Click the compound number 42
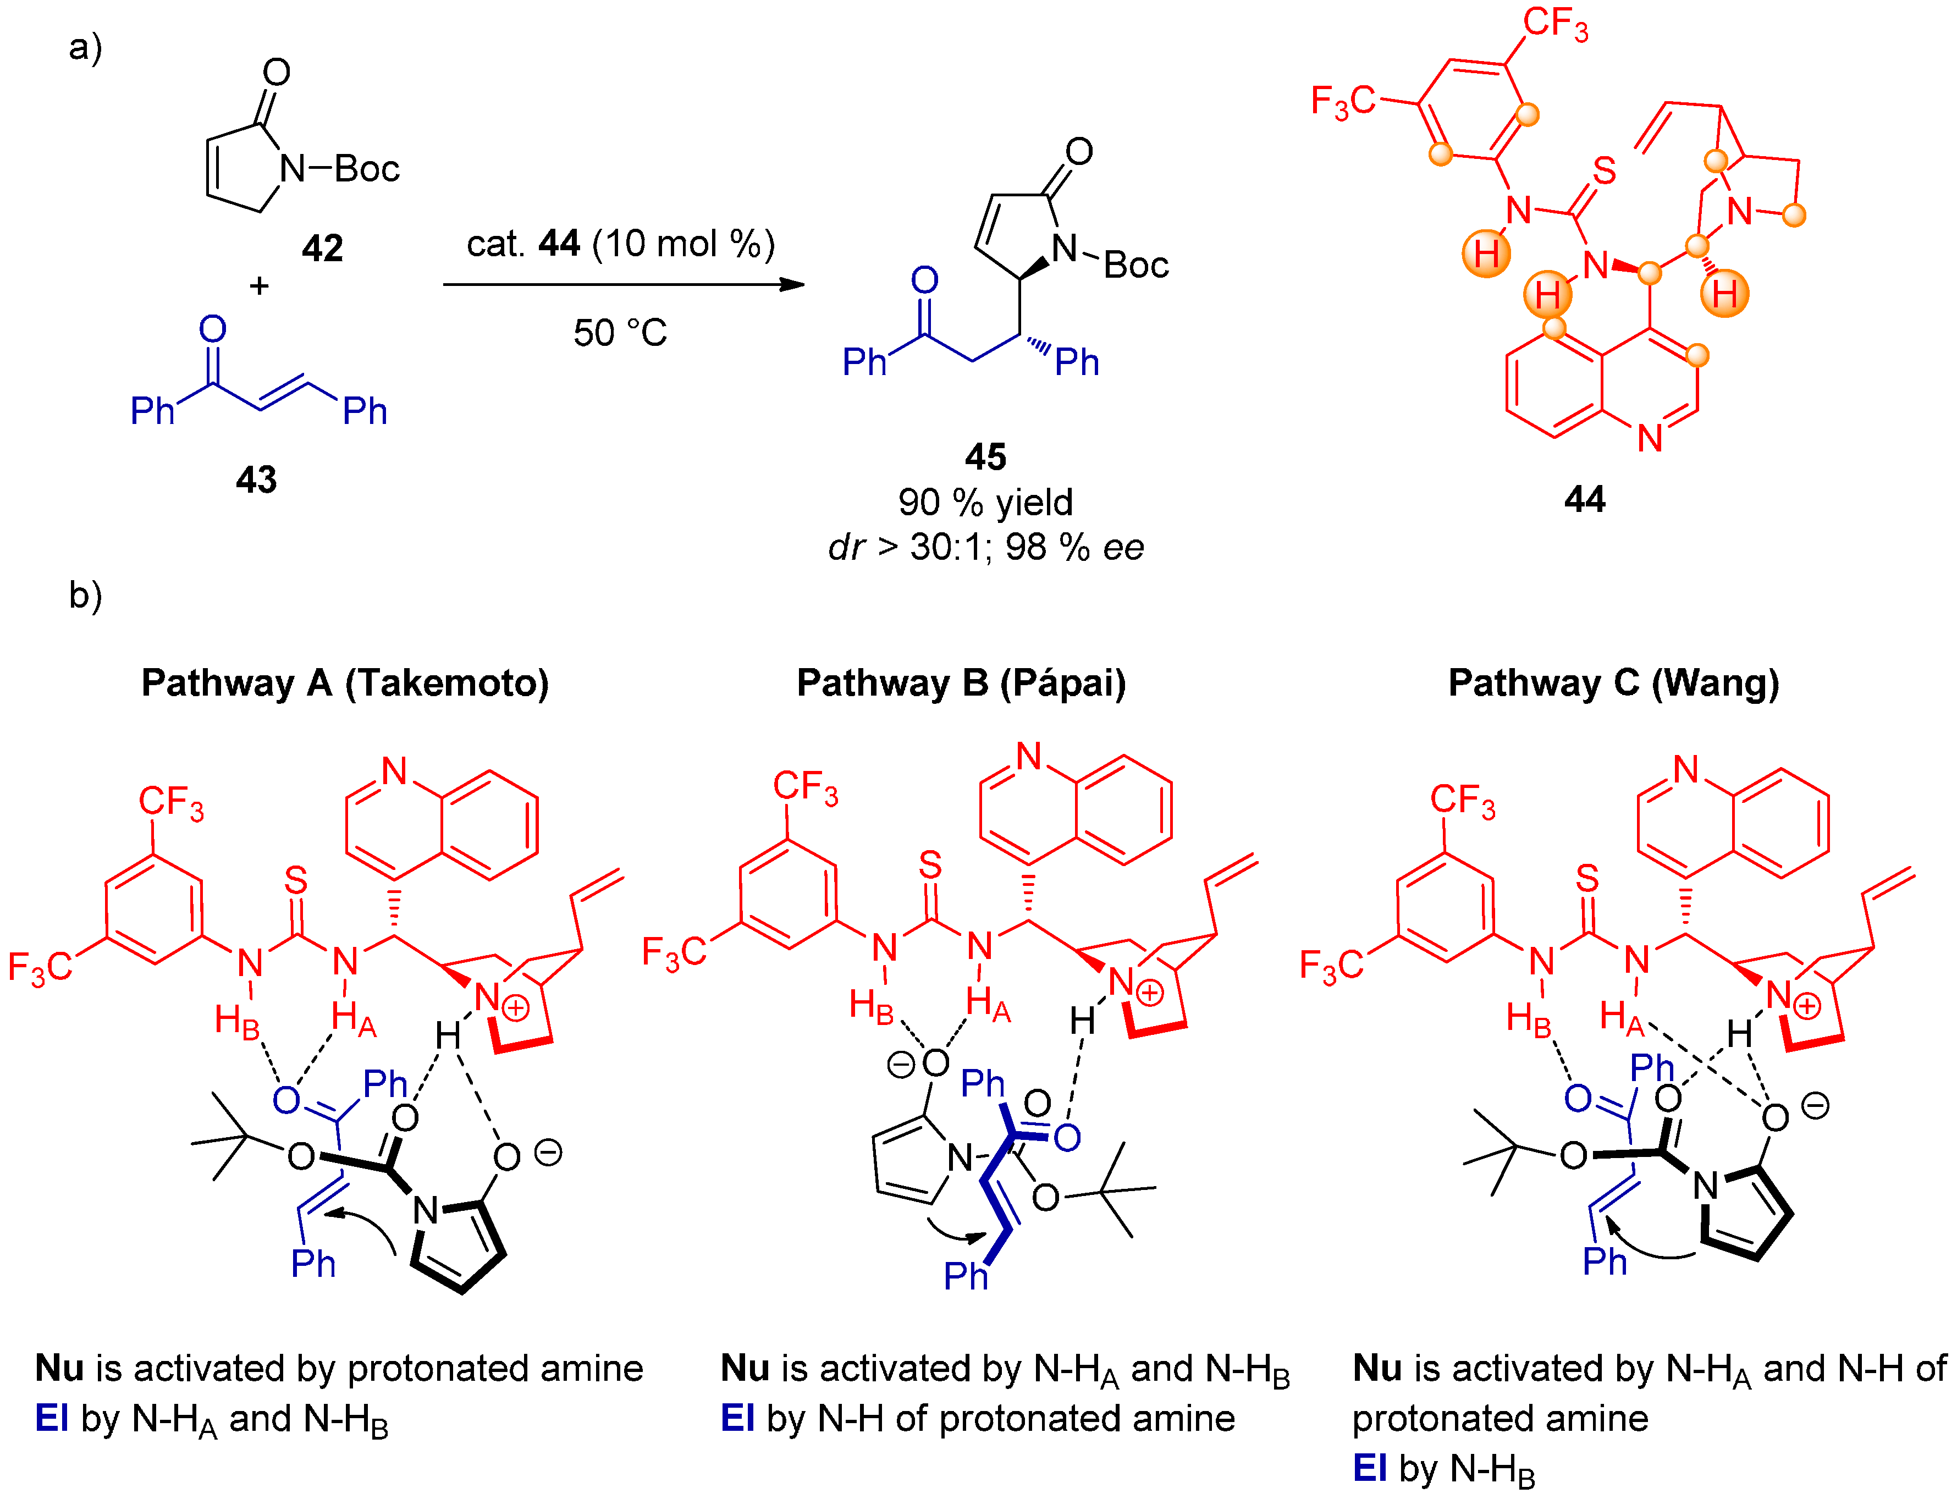pos(322,248)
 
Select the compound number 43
pos(256,480)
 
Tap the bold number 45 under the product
pos(985,457)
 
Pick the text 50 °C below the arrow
pos(620,333)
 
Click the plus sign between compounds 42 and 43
pos(258,285)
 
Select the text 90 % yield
pos(985,503)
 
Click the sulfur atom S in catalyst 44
pos(1604,170)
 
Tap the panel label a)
pos(86,46)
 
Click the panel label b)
pos(86,595)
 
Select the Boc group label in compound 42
pos(367,169)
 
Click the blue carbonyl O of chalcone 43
pos(212,329)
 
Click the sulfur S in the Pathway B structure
pos(930,864)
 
